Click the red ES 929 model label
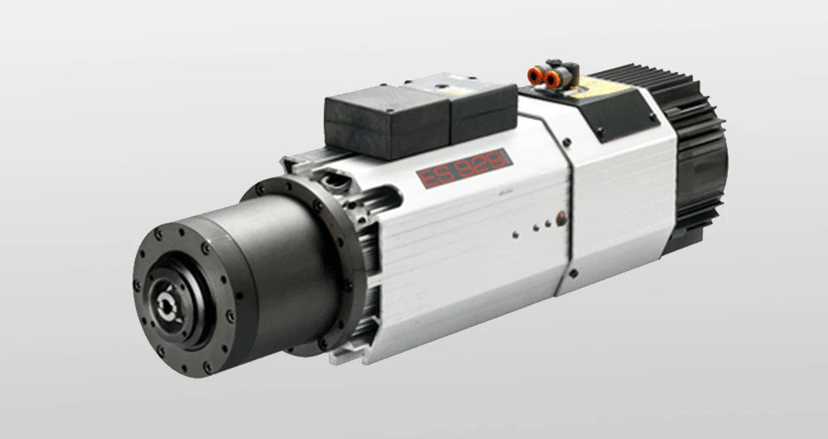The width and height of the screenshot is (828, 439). coord(465,168)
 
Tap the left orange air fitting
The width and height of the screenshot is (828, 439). coord(535,75)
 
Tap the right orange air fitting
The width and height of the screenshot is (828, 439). coord(553,80)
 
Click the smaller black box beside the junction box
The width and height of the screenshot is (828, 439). coord(484,112)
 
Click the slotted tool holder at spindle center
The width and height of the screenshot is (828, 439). coord(166,304)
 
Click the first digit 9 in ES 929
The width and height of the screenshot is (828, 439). coord(465,168)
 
